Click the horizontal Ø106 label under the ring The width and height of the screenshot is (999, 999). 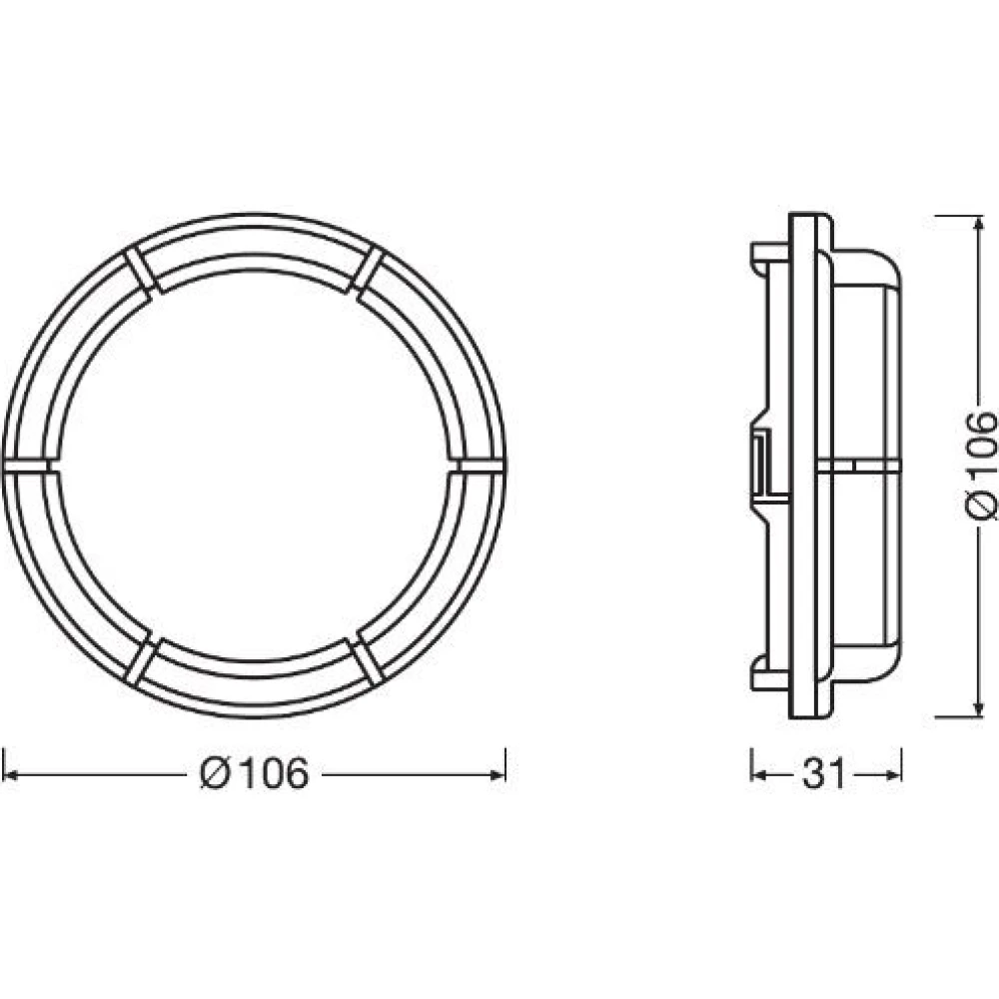click(x=254, y=773)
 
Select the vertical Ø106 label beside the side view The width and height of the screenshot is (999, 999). click(x=981, y=466)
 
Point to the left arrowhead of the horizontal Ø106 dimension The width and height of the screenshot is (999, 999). click(x=10, y=774)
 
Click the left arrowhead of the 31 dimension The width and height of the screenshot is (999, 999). click(x=759, y=774)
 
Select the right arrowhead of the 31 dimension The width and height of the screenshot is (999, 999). click(x=894, y=774)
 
